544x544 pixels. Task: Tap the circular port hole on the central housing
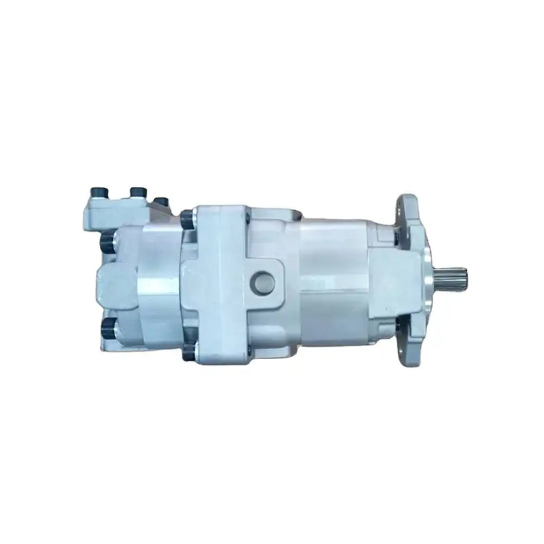coord(262,282)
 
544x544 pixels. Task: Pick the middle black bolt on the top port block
coord(138,194)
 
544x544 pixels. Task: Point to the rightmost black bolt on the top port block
coord(162,202)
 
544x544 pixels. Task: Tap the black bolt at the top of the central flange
coord(188,219)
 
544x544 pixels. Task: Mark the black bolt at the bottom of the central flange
coord(189,351)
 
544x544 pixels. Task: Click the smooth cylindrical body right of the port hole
coord(333,279)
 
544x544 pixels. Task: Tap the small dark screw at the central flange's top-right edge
coord(248,217)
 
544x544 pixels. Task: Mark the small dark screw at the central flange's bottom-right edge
coord(248,351)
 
